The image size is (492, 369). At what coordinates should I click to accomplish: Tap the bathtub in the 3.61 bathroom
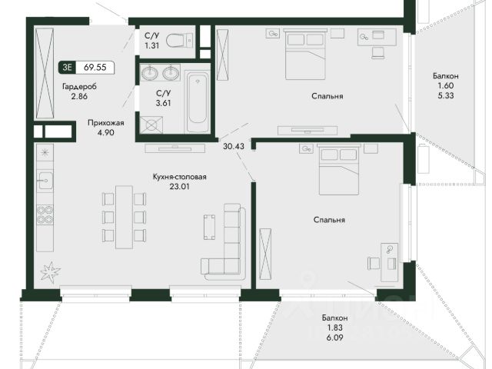coord(198,102)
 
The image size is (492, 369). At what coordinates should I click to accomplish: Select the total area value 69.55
coord(95,68)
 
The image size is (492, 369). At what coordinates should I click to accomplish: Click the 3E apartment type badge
coord(67,68)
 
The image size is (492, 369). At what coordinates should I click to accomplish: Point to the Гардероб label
coord(79,87)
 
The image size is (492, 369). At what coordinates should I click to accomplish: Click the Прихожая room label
coord(106,123)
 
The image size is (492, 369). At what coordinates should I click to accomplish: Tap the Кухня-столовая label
coord(179,177)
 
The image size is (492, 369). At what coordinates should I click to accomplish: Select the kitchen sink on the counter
coord(45,180)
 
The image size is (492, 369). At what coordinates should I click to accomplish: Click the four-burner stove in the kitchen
coord(45,214)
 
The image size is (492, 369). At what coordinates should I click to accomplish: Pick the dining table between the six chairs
coord(124,217)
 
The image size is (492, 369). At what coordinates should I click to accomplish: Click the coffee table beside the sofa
coord(209,227)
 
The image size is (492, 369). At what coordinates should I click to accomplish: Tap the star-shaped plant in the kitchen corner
coord(50,271)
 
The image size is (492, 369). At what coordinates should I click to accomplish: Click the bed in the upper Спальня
coord(306,54)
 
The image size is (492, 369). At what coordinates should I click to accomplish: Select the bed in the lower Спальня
coord(339,169)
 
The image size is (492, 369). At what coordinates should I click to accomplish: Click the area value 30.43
coord(234,146)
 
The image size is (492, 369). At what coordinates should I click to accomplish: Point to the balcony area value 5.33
coord(446,95)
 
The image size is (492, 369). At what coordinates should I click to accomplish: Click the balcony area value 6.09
coord(334,337)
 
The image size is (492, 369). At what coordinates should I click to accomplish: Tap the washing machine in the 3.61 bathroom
coord(151,125)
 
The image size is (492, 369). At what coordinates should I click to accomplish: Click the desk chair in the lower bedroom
coord(374,263)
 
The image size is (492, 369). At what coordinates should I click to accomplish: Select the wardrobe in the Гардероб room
coord(45,74)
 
